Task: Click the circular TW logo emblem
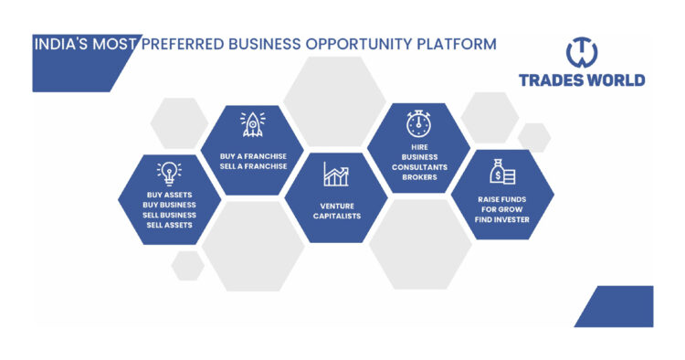pyautogui.click(x=581, y=51)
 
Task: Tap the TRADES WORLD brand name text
pyautogui.click(x=581, y=80)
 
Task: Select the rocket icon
pyautogui.click(x=252, y=124)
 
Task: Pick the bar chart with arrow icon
pyautogui.click(x=336, y=174)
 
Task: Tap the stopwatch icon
pyautogui.click(x=418, y=122)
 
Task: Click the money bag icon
pyautogui.click(x=502, y=171)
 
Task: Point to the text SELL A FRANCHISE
pyautogui.click(x=253, y=166)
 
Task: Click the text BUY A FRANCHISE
pyautogui.click(x=253, y=155)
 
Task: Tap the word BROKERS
pyautogui.click(x=419, y=177)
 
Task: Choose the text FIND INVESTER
pyautogui.click(x=503, y=220)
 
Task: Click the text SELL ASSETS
pyautogui.click(x=169, y=225)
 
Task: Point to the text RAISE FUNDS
pyautogui.click(x=503, y=198)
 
